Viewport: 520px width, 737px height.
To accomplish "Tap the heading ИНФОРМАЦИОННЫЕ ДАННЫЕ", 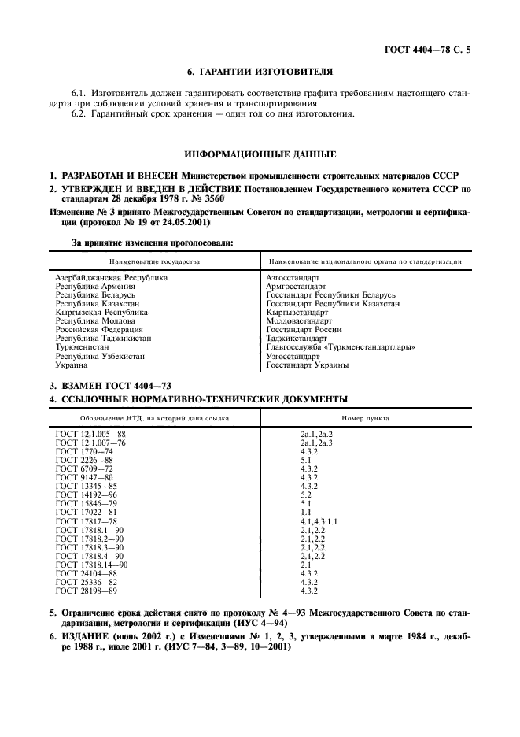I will coord(260,154).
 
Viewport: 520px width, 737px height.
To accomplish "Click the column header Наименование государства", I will coord(155,261).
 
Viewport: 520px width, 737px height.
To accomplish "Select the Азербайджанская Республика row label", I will coord(111,278).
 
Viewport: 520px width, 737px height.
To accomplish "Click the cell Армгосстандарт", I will coord(297,287).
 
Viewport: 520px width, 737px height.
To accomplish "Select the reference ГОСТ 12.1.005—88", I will coord(90,435).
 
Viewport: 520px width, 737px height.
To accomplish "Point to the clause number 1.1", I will coord(305,513).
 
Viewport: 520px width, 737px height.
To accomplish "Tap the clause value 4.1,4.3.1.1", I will coord(319,521).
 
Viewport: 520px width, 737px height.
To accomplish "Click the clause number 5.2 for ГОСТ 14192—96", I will coord(305,495).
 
